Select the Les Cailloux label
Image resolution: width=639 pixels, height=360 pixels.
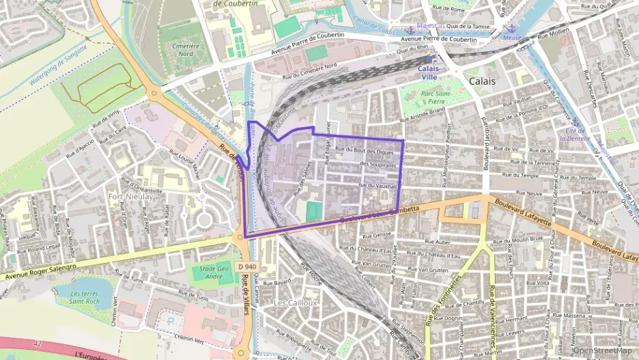[296, 303]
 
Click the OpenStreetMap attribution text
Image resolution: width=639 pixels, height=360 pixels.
[602, 352]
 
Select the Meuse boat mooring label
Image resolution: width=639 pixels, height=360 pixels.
[511, 38]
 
